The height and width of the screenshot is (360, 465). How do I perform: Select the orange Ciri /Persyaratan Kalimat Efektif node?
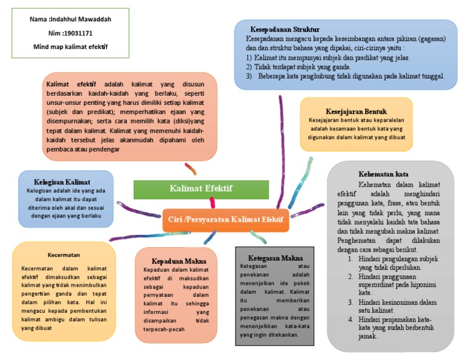click(x=225, y=219)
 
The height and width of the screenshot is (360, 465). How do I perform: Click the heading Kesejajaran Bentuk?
click(x=356, y=112)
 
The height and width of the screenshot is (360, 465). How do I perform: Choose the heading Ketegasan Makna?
click(x=275, y=258)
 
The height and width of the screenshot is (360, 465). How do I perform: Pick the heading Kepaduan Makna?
click(x=174, y=261)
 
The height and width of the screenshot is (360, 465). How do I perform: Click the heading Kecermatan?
click(x=64, y=255)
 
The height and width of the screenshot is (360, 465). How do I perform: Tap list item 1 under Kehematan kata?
click(x=394, y=263)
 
